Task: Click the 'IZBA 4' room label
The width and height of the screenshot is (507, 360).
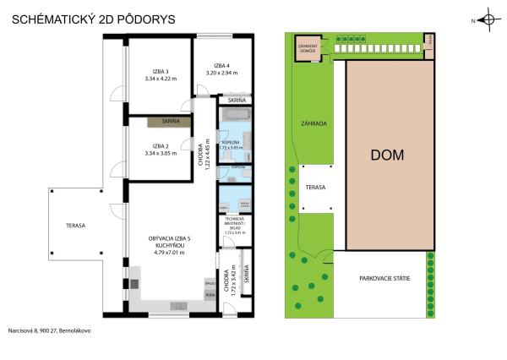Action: point(221,65)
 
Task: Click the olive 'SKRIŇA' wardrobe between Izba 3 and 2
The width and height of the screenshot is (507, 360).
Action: point(169,122)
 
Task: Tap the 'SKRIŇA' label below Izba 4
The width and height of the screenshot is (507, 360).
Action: point(236,100)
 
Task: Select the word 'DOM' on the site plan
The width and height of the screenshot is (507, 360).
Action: point(387,155)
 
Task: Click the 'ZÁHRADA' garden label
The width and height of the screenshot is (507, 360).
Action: point(313,123)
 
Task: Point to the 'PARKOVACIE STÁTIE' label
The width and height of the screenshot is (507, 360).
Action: point(384,278)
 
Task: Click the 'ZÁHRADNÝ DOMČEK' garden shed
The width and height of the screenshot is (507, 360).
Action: point(306,47)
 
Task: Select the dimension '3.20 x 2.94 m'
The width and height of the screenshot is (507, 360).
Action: point(221,74)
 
